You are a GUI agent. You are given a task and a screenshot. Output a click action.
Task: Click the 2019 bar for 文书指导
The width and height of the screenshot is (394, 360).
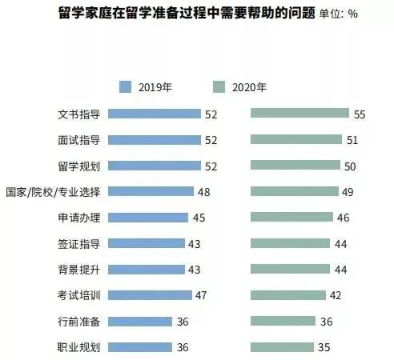[155, 114]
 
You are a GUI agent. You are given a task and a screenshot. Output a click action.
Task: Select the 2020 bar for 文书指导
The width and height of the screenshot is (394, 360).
[300, 113]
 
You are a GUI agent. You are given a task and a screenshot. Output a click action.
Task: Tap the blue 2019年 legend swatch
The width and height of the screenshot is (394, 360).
[125, 87]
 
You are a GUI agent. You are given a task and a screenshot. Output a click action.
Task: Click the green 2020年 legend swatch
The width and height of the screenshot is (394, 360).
[219, 87]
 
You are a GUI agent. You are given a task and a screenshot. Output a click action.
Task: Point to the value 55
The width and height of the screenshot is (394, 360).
[360, 114]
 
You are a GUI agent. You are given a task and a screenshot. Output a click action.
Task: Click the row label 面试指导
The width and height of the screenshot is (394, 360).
[79, 140]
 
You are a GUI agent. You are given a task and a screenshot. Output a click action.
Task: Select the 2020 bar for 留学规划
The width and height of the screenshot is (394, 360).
[295, 165]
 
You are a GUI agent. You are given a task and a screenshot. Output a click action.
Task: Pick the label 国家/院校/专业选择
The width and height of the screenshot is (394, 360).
[53, 192]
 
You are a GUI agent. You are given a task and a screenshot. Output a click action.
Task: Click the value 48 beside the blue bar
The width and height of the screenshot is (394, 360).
[204, 192]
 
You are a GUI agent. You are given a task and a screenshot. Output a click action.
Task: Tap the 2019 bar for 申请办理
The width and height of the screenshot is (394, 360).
[148, 218]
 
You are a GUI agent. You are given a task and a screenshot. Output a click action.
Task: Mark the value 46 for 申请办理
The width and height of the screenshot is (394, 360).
[343, 218]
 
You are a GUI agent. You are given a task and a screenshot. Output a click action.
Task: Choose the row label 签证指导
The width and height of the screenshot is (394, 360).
[79, 244]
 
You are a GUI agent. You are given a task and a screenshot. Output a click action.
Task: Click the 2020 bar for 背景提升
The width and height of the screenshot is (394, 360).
[290, 269]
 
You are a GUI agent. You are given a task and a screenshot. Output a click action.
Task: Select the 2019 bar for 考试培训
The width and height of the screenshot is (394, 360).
[150, 295]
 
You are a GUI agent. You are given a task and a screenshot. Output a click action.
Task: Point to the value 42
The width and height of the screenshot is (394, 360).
[336, 295]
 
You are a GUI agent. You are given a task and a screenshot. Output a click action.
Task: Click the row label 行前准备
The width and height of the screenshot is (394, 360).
[79, 322]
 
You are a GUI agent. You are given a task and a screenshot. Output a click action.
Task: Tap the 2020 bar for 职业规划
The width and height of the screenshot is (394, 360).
[282, 347]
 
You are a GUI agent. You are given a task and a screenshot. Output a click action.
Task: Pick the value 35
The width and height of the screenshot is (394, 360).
[324, 347]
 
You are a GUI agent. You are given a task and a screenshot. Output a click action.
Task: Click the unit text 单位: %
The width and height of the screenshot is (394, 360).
[338, 14]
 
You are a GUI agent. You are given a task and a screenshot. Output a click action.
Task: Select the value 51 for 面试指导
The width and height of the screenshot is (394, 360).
[352, 140]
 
